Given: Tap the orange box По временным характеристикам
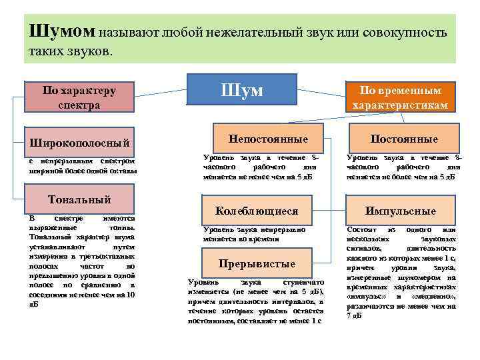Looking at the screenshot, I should tap(399, 97).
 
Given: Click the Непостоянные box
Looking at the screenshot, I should tap(268, 139).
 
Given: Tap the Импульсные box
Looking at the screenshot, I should tap(400, 211).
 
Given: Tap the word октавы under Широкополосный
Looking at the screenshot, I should tap(122, 171).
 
